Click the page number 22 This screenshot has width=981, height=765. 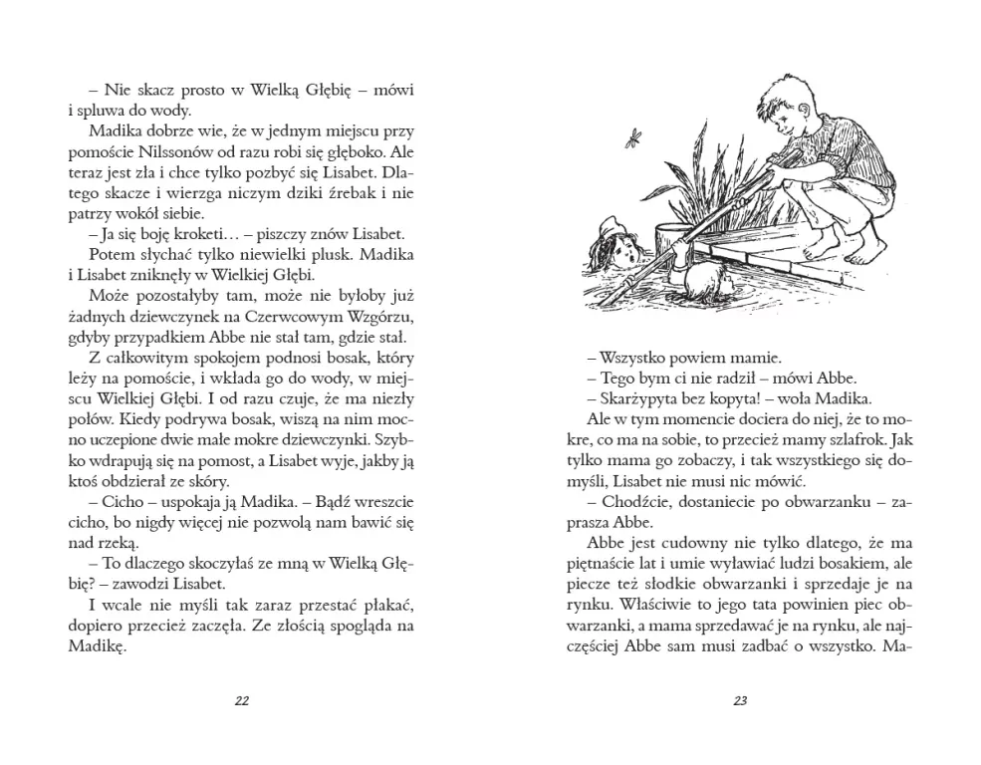click(x=241, y=700)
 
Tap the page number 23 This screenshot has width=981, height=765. click(x=739, y=700)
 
